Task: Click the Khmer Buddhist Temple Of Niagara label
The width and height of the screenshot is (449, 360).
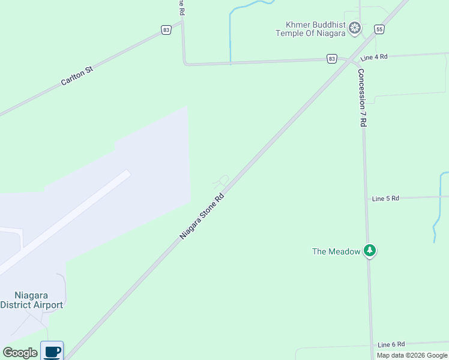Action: tap(310, 29)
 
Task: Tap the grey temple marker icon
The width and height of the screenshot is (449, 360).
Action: tap(355, 28)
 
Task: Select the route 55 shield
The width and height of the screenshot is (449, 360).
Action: tap(379, 29)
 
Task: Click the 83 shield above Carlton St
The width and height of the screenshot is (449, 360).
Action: tap(166, 29)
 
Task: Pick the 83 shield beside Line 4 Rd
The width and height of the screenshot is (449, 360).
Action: tap(332, 58)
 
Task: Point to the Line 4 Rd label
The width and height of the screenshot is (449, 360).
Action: tap(374, 57)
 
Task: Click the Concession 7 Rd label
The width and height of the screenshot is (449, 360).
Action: tap(362, 97)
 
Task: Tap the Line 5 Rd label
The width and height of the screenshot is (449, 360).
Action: tap(385, 199)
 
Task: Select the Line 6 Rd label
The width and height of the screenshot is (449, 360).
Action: tap(391, 344)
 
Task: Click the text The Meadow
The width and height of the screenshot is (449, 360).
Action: tap(336, 251)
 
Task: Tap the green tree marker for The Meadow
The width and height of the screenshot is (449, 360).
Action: tap(370, 250)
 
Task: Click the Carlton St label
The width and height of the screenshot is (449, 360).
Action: tap(77, 76)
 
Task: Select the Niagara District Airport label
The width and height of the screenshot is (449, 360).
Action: tap(31, 300)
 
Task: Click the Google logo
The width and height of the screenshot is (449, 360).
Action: tap(20, 353)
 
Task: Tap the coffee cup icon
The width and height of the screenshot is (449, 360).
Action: tap(52, 350)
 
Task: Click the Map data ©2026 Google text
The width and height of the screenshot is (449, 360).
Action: tap(412, 355)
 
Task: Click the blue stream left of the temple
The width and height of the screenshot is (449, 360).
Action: tap(230, 36)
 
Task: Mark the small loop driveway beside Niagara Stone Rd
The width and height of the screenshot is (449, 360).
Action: tap(221, 180)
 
